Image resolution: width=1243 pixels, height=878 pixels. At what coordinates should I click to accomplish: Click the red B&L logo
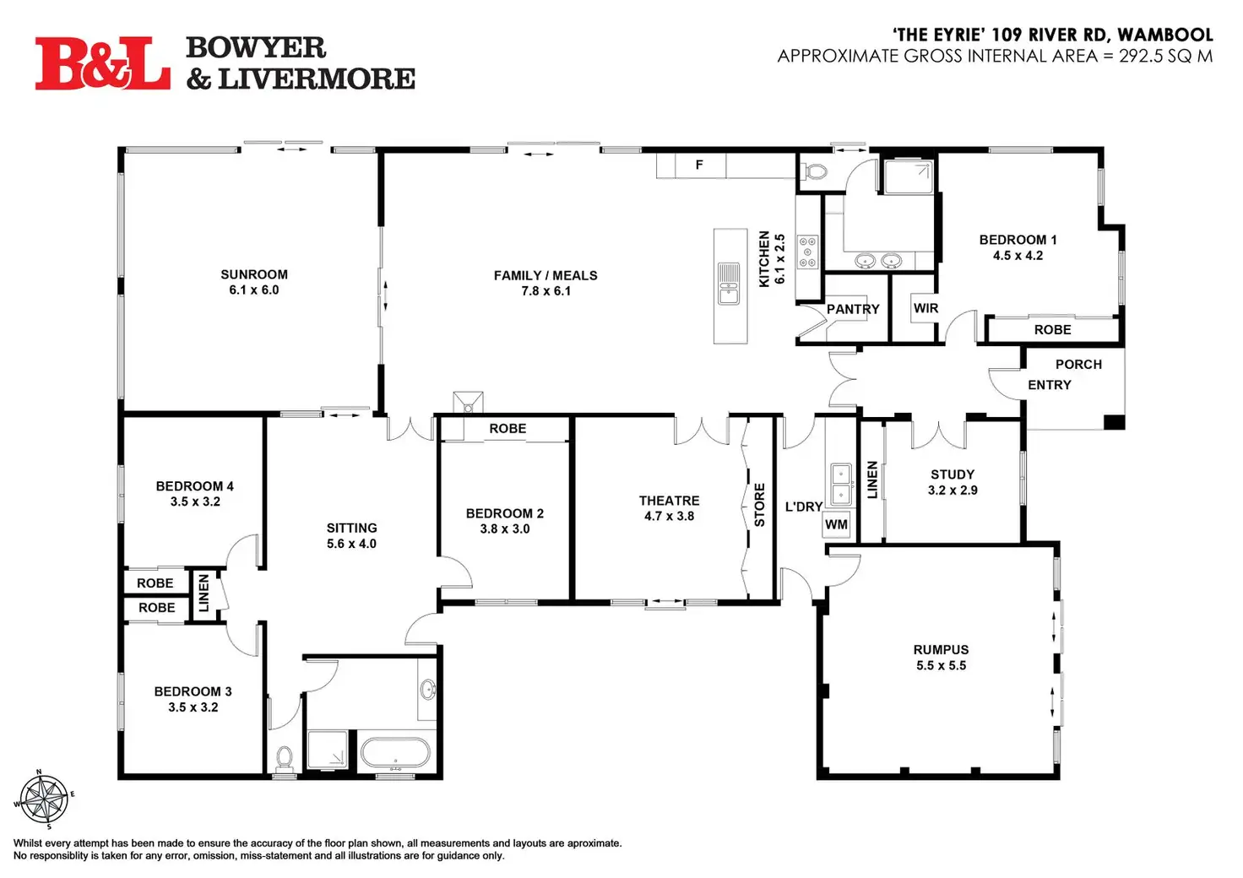pyautogui.click(x=103, y=63)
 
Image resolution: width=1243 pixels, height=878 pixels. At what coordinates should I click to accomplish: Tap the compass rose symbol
pyautogui.click(x=44, y=799)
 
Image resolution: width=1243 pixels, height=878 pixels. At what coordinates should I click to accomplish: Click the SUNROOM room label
pyautogui.click(x=254, y=274)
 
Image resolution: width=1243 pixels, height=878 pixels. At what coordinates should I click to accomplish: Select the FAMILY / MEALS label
pyautogui.click(x=546, y=276)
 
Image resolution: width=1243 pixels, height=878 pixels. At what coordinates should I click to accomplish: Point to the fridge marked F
pyautogui.click(x=700, y=165)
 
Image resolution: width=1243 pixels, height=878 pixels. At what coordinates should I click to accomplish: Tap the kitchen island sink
pyautogui.click(x=729, y=284)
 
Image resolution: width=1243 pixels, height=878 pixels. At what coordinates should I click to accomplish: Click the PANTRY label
pyautogui.click(x=853, y=309)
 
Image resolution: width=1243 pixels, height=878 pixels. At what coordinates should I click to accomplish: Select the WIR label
pyautogui.click(x=925, y=308)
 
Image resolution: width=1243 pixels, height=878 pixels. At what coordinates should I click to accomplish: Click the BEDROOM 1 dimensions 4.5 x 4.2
pyautogui.click(x=1018, y=256)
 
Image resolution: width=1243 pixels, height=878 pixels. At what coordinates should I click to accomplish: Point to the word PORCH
pyautogui.click(x=1078, y=365)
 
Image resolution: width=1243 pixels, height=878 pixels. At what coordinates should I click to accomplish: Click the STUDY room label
pyautogui.click(x=953, y=474)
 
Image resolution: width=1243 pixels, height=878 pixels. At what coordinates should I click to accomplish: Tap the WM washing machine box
pyautogui.click(x=836, y=525)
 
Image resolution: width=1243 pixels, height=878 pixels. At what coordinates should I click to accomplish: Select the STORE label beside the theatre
pyautogui.click(x=760, y=505)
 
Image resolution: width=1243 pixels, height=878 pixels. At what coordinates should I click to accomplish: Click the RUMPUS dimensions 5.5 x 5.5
pyautogui.click(x=942, y=665)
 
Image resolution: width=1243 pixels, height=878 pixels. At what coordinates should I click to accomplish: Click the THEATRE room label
pyautogui.click(x=670, y=501)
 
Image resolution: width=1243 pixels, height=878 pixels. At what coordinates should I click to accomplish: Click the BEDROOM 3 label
pyautogui.click(x=193, y=691)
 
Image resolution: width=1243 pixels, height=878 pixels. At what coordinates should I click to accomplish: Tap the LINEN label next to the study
pyautogui.click(x=872, y=480)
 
